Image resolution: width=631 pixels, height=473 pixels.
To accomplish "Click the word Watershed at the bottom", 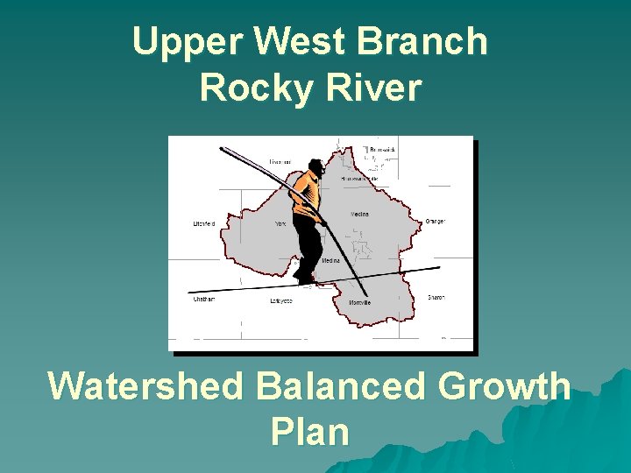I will (x=145, y=386).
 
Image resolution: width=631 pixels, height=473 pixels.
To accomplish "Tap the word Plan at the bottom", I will (x=310, y=431).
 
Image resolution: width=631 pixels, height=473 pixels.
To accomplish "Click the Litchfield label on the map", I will (x=203, y=224).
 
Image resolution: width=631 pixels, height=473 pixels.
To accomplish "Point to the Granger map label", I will (x=436, y=221).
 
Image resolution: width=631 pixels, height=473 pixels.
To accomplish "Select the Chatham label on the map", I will (x=203, y=299).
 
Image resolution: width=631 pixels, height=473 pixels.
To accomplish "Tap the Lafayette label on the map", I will (x=280, y=300).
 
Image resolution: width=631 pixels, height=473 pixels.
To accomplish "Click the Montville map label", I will (x=359, y=302).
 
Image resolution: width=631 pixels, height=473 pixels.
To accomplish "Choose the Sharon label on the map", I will (x=436, y=298).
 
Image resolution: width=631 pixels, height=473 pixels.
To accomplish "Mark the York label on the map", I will (x=280, y=224).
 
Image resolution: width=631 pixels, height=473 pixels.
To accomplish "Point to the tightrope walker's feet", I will (x=303, y=277).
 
